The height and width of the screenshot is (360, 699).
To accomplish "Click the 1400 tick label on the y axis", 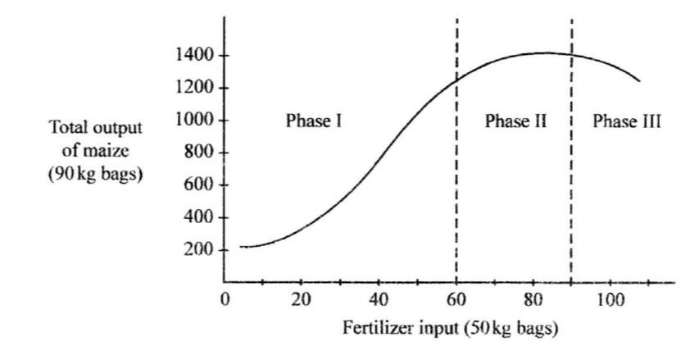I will tap(191, 56).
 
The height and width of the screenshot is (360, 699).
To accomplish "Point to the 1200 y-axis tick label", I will tap(191, 88).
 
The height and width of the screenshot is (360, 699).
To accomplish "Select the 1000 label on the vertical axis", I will tap(191, 121).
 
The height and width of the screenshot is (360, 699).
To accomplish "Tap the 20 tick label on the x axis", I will tap(301, 298).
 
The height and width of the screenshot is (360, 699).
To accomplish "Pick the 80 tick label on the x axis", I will tap(533, 298).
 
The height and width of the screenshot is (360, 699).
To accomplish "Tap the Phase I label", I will tap(313, 121).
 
